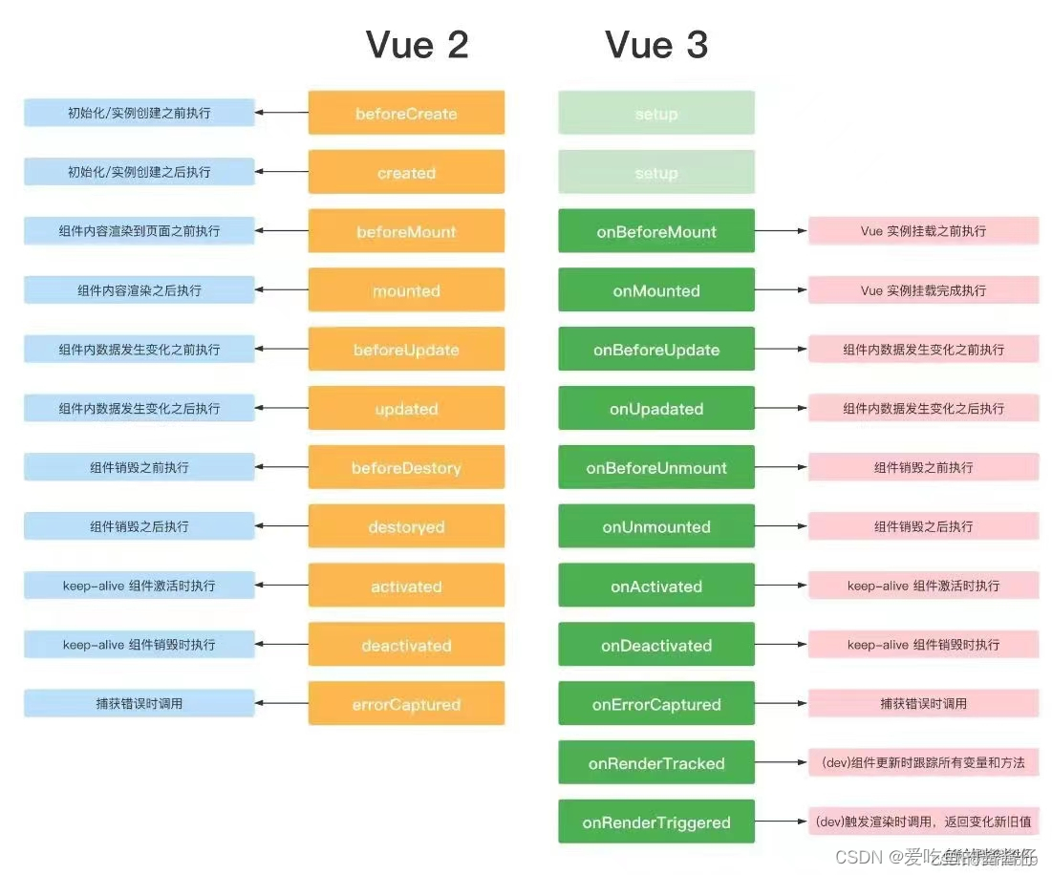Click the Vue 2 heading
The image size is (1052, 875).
418,45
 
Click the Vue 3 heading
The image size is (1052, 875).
656,45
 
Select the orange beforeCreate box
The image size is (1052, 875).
406,113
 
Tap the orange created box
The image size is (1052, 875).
406,172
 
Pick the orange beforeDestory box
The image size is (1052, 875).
406,467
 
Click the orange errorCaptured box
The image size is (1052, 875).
406,704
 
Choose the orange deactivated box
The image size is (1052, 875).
406,645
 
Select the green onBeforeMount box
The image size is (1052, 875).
656,231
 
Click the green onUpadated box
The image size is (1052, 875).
656,409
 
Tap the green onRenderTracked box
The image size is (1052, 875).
656,763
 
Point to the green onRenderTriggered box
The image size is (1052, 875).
656,822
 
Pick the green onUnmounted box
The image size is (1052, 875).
656,526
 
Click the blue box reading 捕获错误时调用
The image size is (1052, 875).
140,703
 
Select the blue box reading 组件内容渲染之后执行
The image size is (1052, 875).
140,289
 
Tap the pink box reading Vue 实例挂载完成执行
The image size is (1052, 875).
923,289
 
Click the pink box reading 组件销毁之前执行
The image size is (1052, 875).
923,467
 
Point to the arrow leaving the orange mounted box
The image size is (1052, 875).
282,290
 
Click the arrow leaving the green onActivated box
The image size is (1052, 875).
782,586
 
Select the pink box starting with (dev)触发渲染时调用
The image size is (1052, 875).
923,822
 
